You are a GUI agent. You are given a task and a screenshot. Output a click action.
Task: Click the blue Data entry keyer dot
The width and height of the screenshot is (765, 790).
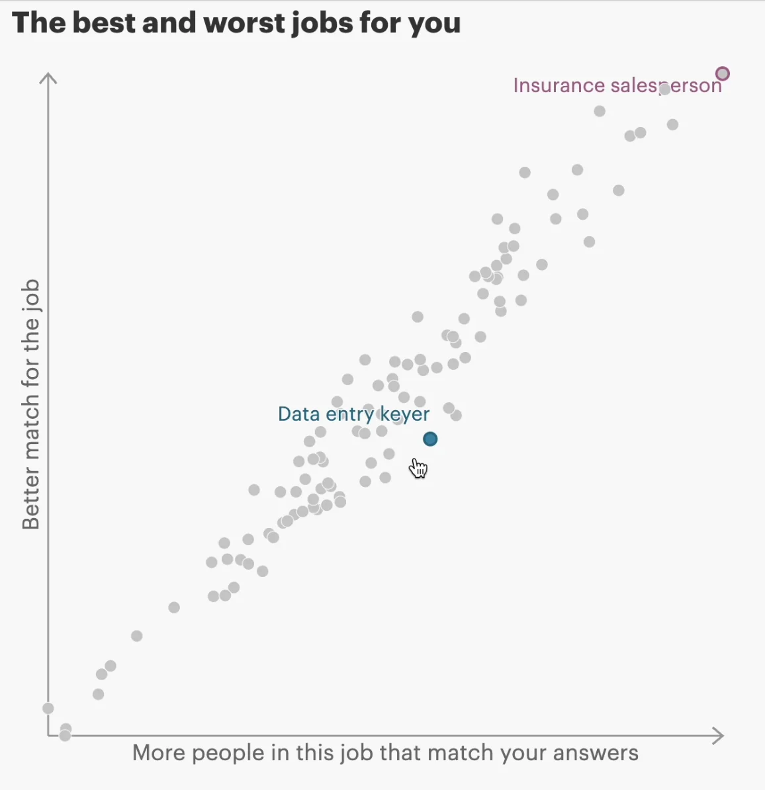430,439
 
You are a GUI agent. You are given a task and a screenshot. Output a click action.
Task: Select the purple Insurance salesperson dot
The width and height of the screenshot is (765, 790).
723,73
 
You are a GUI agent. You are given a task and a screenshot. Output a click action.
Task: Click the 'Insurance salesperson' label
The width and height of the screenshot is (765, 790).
617,85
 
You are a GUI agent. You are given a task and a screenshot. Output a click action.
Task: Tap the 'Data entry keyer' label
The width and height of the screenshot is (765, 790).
353,414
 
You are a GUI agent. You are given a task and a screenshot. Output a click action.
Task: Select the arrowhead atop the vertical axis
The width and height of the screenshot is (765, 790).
48,78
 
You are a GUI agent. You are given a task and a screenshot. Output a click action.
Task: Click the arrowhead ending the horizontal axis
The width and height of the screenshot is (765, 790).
719,736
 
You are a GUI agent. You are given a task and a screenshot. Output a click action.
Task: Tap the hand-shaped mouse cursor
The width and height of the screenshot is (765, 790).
418,468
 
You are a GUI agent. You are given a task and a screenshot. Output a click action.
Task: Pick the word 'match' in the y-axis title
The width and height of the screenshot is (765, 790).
31,424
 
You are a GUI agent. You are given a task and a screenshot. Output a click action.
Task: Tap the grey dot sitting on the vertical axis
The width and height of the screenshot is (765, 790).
48,708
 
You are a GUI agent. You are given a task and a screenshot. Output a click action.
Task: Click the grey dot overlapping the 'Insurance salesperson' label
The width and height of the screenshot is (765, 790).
664,89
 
